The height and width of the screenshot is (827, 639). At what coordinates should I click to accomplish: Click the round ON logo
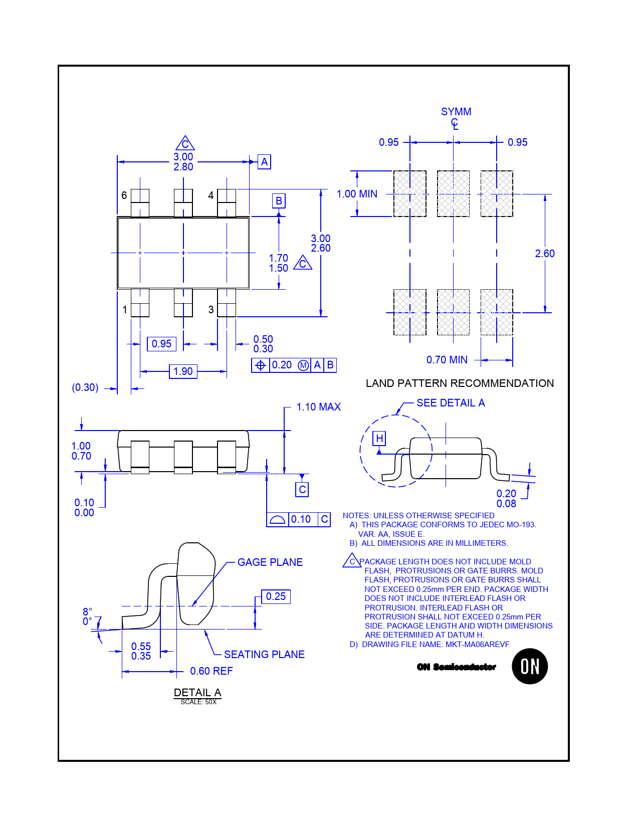[x=529, y=666]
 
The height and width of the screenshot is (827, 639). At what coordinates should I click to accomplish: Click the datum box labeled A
[x=264, y=162]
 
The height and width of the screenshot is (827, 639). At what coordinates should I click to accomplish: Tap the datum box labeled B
[x=279, y=200]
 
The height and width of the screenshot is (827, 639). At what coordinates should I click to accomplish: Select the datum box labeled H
[x=379, y=439]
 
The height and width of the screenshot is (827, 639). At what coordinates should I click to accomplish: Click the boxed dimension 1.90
[x=183, y=371]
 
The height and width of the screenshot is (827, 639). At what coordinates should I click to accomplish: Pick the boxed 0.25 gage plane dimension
[x=276, y=596]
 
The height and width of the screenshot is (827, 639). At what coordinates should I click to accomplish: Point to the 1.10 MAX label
[x=319, y=407]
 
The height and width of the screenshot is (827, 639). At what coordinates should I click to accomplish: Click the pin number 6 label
[x=124, y=195]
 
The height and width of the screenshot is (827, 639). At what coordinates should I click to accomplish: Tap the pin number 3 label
[x=211, y=309]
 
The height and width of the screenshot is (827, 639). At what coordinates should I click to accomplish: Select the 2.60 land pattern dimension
[x=545, y=254]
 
